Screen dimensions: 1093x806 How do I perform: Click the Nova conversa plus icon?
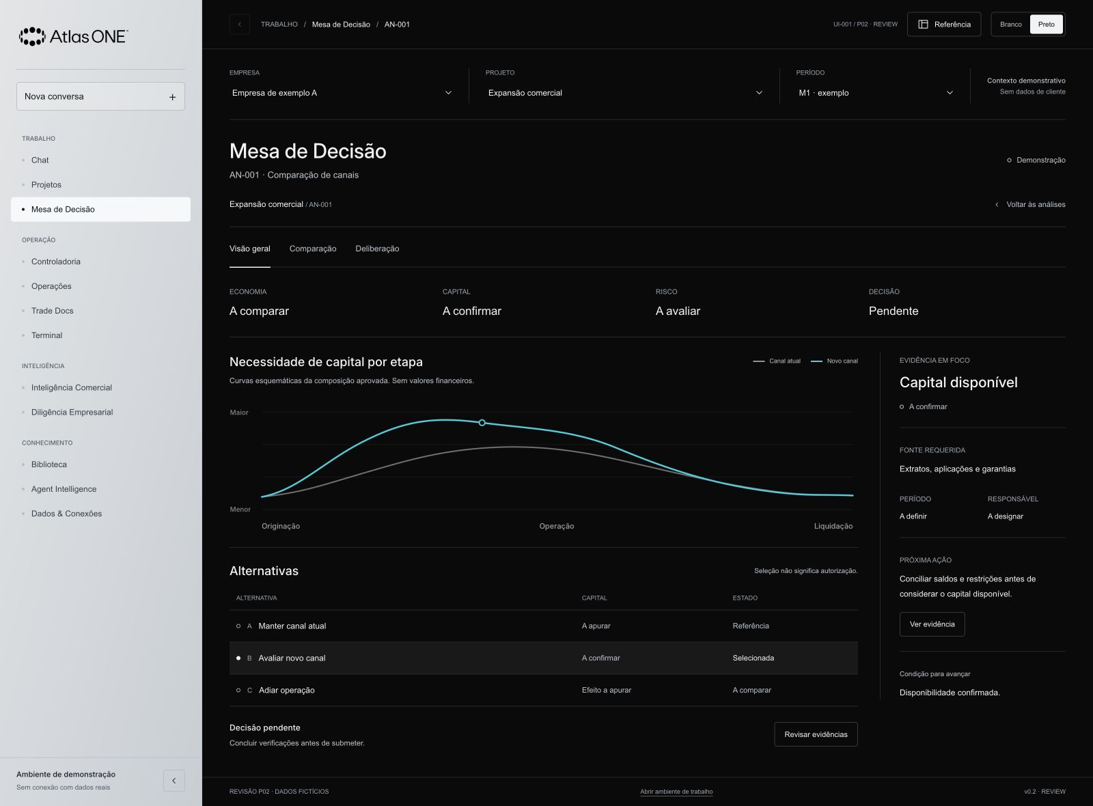172,97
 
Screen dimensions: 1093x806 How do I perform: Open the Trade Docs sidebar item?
52,311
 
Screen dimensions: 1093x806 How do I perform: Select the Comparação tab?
313,249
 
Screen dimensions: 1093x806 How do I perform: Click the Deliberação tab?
377,249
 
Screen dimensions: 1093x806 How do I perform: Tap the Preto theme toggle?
1046,25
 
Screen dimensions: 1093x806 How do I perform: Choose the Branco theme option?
1010,25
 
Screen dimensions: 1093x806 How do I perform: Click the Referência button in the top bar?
943,25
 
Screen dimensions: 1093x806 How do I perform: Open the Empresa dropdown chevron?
448,93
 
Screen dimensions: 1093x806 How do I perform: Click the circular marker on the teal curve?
482,423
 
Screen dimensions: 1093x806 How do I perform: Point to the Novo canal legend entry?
834,361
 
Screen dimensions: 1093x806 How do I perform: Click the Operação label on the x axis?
556,526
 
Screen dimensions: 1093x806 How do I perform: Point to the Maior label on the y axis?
239,413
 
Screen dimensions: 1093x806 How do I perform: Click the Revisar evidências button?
816,734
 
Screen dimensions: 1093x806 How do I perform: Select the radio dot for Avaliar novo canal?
238,658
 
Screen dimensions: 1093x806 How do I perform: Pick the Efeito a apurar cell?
607,690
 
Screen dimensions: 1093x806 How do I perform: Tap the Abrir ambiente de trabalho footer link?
676,792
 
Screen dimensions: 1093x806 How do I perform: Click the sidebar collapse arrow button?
174,781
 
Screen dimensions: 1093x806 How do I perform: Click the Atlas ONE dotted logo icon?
32,37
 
